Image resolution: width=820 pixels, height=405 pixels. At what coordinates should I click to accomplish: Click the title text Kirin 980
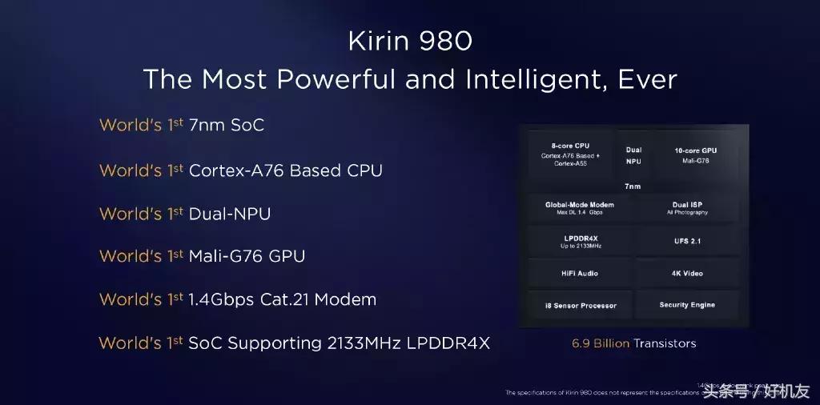pos(409,41)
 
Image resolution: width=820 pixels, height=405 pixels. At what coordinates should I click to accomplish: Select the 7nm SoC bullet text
pos(226,126)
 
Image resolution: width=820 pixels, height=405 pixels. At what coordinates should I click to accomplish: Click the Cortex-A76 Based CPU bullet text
pos(285,170)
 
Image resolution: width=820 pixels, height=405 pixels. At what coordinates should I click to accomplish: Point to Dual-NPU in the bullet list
pos(229,214)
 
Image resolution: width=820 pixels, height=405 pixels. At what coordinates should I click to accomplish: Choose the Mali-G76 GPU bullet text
pos(247,256)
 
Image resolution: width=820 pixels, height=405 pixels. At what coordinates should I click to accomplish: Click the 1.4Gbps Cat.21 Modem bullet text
pos(282,299)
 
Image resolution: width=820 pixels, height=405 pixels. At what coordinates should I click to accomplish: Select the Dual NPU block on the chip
pos(633,155)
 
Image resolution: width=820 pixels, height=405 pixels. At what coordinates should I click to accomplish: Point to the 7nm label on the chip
pos(633,186)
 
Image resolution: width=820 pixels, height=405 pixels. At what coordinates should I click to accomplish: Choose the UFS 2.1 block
pos(687,241)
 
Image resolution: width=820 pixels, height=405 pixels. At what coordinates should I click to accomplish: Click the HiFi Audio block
pos(580,274)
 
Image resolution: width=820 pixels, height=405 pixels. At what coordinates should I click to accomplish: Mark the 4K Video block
pos(687,274)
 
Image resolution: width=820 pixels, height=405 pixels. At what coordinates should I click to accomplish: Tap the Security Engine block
pos(687,305)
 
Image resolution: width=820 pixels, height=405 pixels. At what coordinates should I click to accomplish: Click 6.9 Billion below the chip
pos(601,343)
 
